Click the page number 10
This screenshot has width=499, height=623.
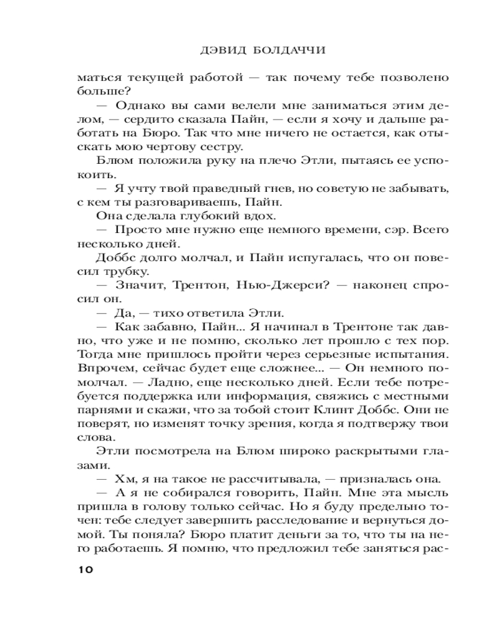(x=85, y=569)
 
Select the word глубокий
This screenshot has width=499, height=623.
(x=210, y=216)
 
